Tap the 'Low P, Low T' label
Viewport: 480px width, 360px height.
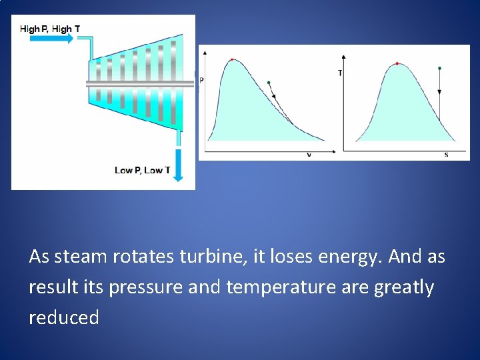tap(142, 170)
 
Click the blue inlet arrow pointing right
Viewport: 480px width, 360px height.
tap(52, 39)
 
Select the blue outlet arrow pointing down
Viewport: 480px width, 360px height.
tap(179, 167)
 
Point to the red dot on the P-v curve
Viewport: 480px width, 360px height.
tap(232, 59)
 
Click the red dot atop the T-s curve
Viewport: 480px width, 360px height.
tap(397, 63)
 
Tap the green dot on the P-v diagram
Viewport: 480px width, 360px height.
tap(269, 83)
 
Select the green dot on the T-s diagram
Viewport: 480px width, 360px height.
tap(439, 68)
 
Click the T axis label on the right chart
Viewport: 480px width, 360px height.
tap(340, 73)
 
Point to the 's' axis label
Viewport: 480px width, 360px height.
tap(446, 155)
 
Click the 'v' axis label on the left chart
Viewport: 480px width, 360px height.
tap(309, 155)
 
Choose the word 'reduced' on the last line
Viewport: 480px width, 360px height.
tap(64, 317)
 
